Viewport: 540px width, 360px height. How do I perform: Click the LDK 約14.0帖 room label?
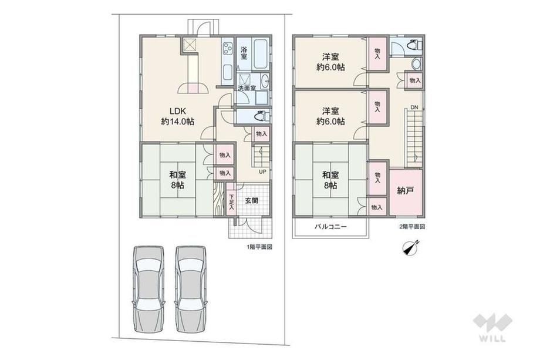[177, 116]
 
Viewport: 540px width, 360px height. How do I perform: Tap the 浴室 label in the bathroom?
[244, 53]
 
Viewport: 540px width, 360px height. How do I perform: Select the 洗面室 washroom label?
[247, 88]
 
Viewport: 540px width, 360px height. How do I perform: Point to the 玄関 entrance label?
[252, 200]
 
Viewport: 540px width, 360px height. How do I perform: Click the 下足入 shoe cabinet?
[231, 200]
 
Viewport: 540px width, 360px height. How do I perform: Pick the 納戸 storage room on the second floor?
[406, 190]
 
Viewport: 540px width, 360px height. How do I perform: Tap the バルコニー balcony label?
[330, 227]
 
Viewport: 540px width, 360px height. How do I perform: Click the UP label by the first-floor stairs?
[262, 171]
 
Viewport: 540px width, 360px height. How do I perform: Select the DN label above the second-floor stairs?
[414, 107]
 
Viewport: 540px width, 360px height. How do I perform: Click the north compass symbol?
[410, 248]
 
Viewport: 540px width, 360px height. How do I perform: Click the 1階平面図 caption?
[259, 247]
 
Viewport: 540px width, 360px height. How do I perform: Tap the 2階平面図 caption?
[412, 227]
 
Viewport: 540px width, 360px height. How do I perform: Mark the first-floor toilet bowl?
[261, 116]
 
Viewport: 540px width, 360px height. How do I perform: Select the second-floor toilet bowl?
[413, 45]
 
